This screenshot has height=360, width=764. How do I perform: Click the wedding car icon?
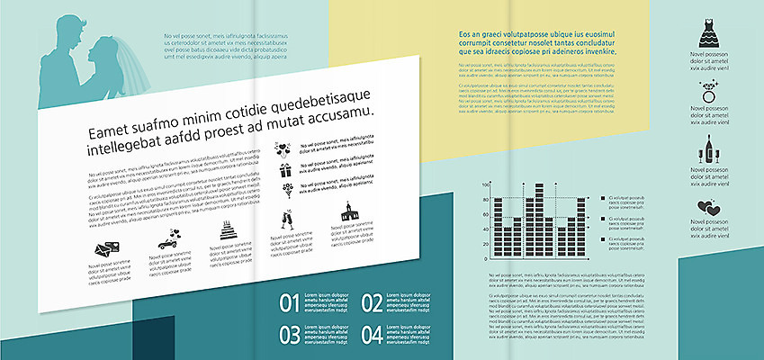(x=167, y=240)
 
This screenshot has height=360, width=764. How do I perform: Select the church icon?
(x=347, y=212)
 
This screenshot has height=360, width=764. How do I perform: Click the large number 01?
(x=289, y=304)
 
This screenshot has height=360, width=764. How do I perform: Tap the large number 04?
(x=372, y=335)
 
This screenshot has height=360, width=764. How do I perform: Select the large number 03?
(x=289, y=335)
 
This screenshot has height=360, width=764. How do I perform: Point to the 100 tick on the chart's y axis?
(x=485, y=184)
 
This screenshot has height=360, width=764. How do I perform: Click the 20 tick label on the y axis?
(x=486, y=243)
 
